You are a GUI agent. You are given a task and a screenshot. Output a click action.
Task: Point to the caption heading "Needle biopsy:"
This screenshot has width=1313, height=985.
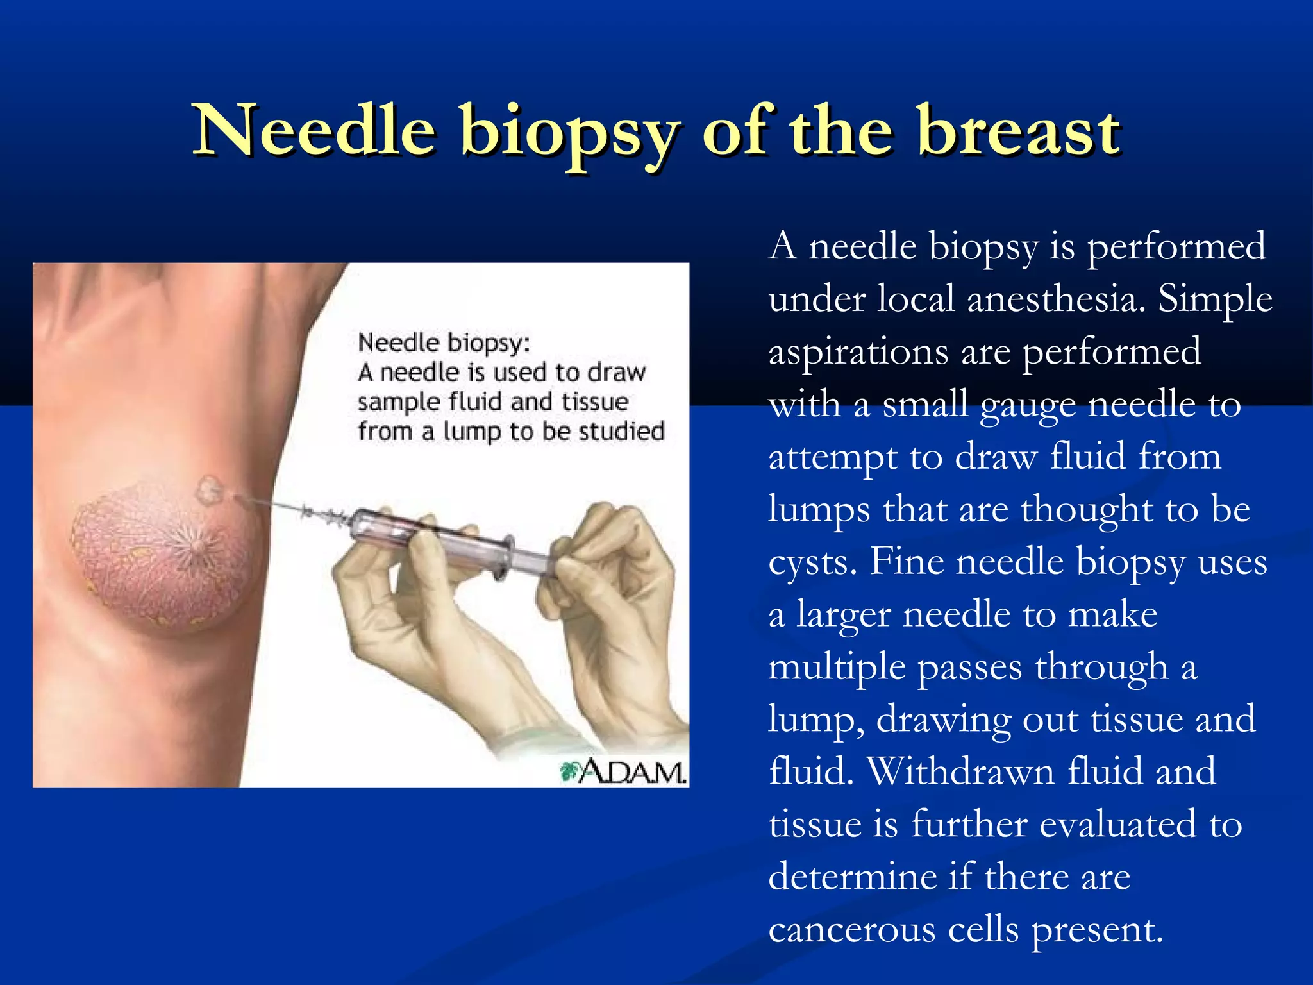point(444,342)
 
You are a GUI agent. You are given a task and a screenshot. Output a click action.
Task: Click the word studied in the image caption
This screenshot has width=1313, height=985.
point(621,431)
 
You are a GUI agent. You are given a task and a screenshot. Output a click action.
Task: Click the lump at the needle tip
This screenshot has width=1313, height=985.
point(208,491)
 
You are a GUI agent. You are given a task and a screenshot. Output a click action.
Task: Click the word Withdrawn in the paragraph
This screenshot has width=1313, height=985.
point(960,771)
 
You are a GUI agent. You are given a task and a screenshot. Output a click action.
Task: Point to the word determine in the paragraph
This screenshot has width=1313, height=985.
point(853,876)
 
